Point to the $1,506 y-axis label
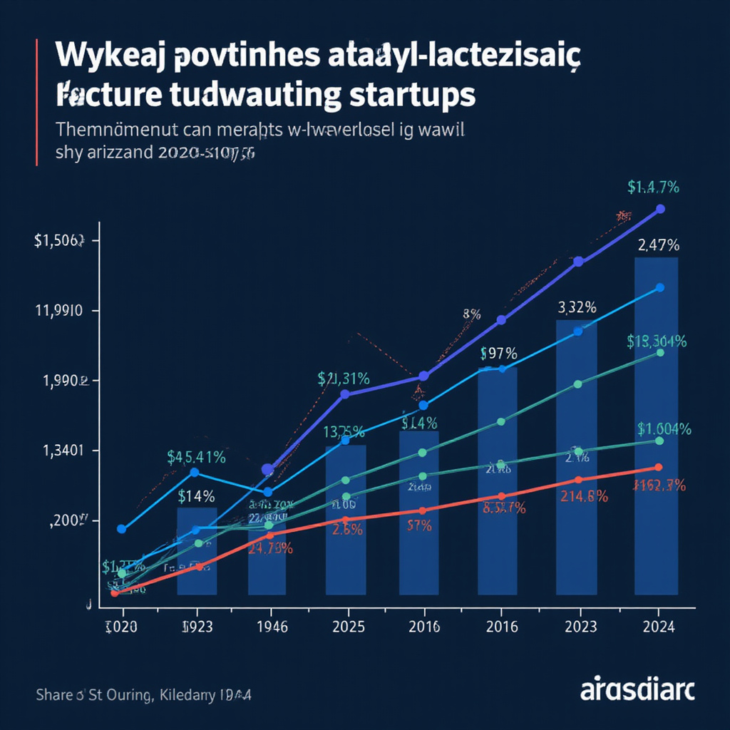(x=60, y=241)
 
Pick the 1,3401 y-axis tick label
(x=60, y=451)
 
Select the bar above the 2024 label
(x=656, y=428)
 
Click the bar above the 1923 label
(x=197, y=552)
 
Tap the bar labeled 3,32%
(x=577, y=456)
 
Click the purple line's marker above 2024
(x=660, y=209)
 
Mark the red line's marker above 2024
(x=658, y=467)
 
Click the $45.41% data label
(x=196, y=457)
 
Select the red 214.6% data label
(x=583, y=496)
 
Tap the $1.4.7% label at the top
(x=653, y=187)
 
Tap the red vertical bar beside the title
(x=36, y=103)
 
